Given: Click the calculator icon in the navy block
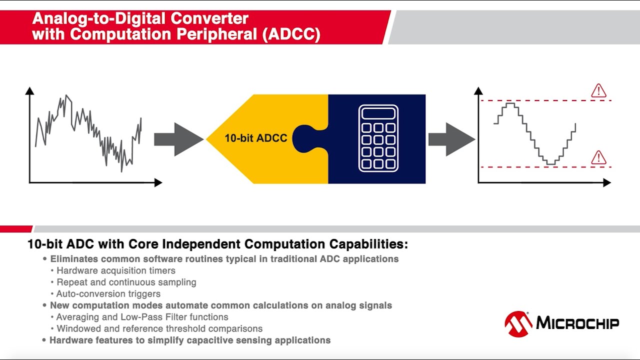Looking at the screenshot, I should coord(378,138).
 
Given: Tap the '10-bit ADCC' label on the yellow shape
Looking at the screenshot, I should coord(255,138).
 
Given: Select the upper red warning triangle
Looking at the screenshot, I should coord(598,91).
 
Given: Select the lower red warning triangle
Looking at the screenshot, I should coord(598,157).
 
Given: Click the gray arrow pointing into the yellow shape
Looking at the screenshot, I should coord(178,139).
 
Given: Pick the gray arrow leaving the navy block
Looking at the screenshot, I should coord(451,139).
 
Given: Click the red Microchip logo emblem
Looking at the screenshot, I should coord(518,324).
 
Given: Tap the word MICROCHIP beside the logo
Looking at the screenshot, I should coord(577,323).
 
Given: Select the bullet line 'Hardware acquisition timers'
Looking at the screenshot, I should coord(116,271).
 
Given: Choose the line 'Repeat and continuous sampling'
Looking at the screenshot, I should coord(126,282).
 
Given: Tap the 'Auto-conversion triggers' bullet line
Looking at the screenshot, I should coord(108,294).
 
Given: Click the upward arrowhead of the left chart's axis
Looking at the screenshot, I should coord(29,91).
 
